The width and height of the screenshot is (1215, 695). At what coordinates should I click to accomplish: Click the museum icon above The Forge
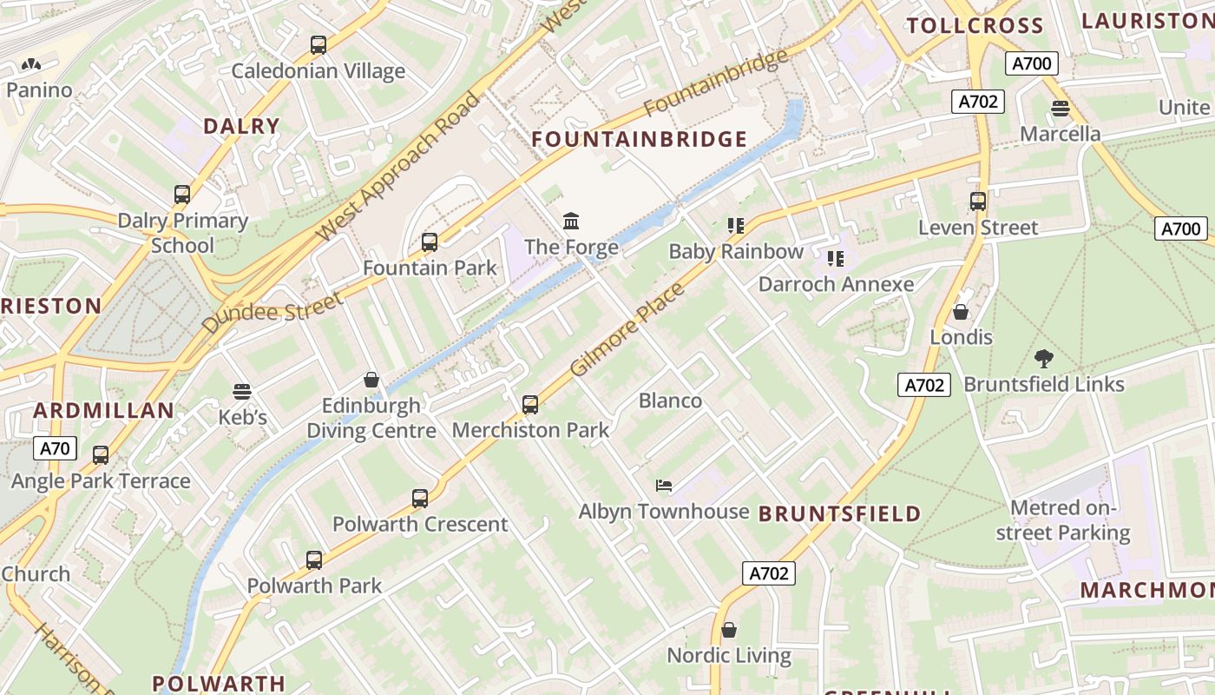[x=571, y=221]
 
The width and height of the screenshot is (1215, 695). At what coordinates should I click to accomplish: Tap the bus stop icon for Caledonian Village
[x=319, y=45]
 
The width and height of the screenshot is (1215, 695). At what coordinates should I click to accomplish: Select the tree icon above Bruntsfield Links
[x=1044, y=358]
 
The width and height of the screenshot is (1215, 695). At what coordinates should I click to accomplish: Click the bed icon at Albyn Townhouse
[x=664, y=486]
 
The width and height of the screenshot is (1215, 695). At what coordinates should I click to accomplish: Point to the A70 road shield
[x=56, y=448]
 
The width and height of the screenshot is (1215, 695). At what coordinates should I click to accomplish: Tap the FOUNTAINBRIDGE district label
[x=639, y=139]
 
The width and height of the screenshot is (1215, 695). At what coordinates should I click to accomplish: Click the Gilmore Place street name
[x=627, y=329]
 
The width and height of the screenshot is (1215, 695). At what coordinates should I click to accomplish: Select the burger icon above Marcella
[x=1060, y=109]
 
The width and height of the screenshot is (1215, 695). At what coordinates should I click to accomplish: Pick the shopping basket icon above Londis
[x=961, y=311]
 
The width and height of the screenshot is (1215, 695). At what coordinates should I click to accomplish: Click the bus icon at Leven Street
[x=978, y=202]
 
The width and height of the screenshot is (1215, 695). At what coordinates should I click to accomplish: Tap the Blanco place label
[x=670, y=400]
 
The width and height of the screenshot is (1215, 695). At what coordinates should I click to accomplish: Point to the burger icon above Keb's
[x=242, y=392]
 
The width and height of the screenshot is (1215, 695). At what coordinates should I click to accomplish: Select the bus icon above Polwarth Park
[x=314, y=560]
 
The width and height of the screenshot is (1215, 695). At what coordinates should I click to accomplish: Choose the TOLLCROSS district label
[x=975, y=25]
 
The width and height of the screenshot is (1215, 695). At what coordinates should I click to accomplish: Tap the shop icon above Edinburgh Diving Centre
[x=371, y=380]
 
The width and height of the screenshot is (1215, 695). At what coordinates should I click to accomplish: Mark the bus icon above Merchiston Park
[x=530, y=404]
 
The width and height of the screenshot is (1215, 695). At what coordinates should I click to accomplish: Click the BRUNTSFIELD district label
[x=839, y=513]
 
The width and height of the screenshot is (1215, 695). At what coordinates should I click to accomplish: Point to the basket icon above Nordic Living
[x=729, y=630]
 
